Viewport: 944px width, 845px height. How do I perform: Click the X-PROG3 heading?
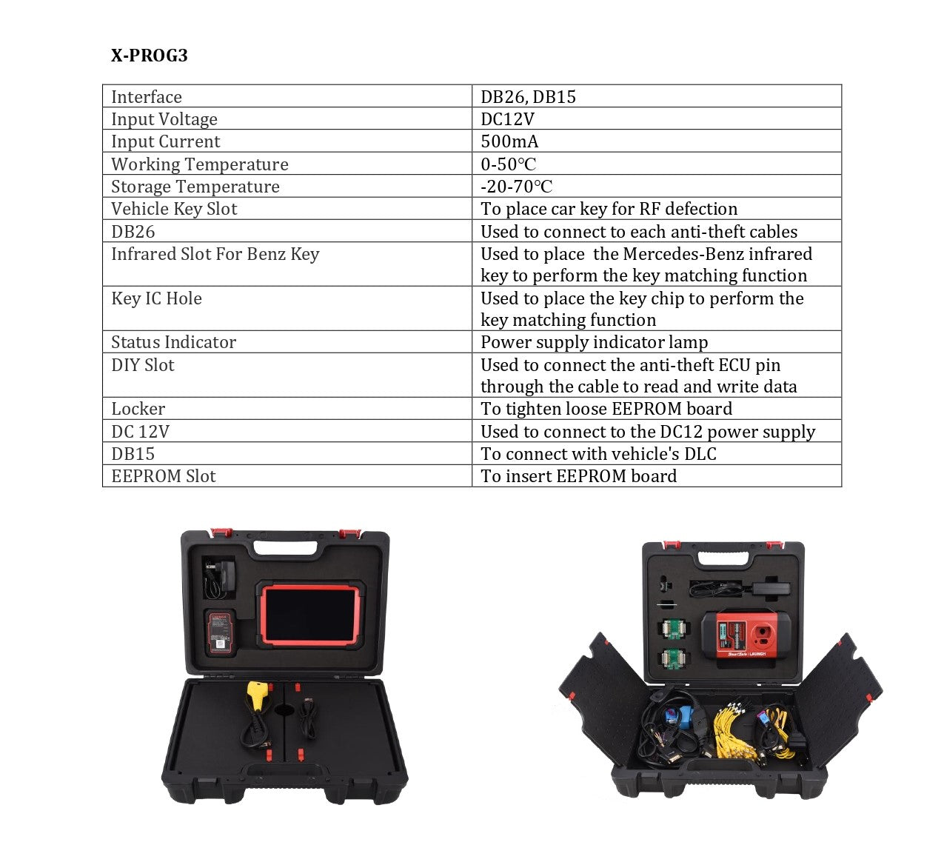coord(149,56)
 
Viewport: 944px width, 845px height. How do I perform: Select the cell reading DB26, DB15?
coord(528,96)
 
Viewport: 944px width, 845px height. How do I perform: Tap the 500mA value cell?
coord(509,141)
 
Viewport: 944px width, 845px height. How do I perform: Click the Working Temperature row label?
coord(199,164)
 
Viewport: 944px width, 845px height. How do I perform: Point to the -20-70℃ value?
coord(516,186)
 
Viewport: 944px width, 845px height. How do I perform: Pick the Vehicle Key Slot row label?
coord(174,208)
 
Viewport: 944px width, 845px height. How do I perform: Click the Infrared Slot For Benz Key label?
coord(215,254)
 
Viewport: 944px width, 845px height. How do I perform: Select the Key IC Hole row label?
coord(156,298)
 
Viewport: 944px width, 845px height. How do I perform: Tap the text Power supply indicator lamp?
coord(594,341)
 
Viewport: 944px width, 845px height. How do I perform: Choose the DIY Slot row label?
coord(142,365)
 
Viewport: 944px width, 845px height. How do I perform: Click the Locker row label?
coord(138,409)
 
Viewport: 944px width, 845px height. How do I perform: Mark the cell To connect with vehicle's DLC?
coord(598,453)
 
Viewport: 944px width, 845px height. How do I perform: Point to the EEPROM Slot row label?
coord(163,475)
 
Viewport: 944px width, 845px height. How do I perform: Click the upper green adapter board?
coord(672,629)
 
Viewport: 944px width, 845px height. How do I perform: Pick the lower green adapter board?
coord(672,658)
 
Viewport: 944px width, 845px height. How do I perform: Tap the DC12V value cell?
coord(507,118)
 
